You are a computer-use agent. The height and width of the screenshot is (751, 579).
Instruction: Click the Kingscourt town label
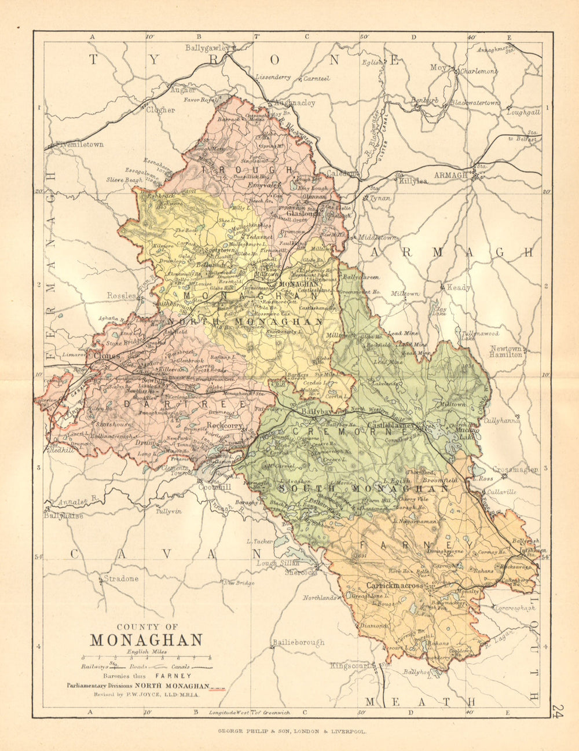tap(350, 666)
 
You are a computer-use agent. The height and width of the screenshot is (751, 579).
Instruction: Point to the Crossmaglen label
tap(515, 470)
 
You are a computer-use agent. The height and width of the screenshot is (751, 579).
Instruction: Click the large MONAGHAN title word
tap(146, 640)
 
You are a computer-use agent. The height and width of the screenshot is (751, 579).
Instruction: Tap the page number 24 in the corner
tap(558, 710)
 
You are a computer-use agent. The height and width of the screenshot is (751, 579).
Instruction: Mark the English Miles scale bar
tap(146, 658)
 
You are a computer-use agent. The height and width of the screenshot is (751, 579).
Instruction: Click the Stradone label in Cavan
tap(121, 578)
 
